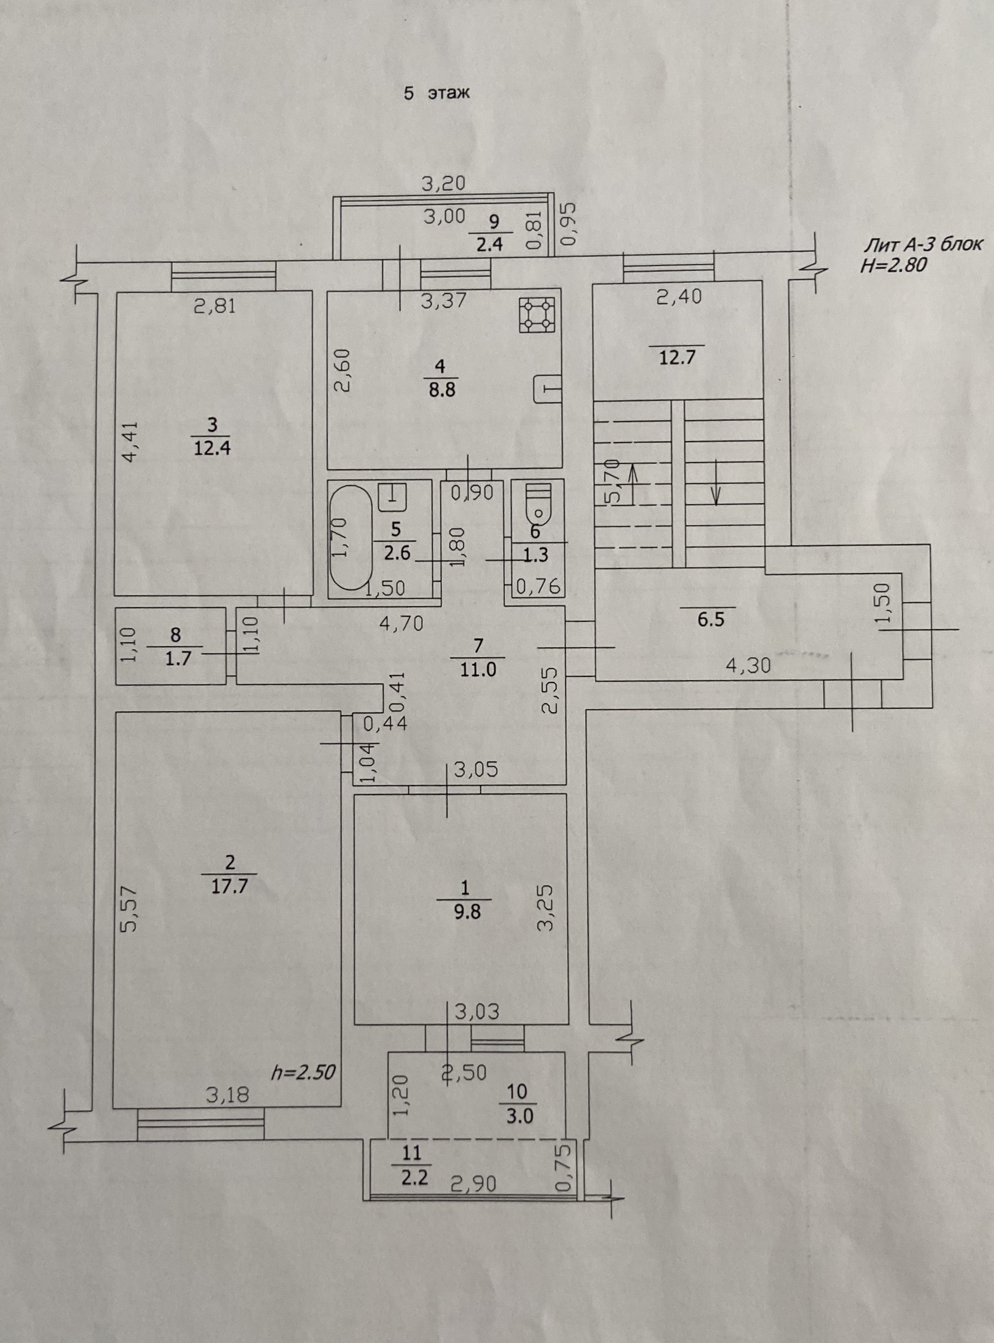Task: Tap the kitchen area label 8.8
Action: [442, 390]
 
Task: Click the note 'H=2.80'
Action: [894, 265]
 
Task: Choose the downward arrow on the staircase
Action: [715, 481]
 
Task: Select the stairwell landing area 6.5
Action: [711, 620]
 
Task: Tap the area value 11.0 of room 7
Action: [478, 669]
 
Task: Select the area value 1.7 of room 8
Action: [178, 658]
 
